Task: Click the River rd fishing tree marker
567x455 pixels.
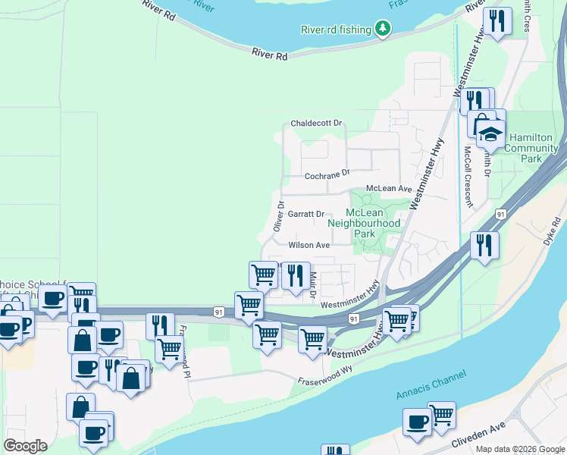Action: (384, 30)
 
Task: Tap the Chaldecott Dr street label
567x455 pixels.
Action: (316, 123)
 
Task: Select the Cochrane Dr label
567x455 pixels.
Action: (327, 174)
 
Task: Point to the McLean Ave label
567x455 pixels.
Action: (388, 188)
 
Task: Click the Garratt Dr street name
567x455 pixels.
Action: (305, 215)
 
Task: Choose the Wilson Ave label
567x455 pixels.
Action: (309, 245)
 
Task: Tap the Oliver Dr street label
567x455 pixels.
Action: (278, 216)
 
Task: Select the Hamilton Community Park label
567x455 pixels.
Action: (534, 148)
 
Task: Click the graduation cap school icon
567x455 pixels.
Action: (490, 134)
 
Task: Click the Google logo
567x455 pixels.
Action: (25, 445)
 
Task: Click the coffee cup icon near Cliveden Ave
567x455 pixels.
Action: (416, 422)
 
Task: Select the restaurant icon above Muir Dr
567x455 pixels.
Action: (296, 274)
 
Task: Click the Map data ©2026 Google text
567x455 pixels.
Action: (520, 449)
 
